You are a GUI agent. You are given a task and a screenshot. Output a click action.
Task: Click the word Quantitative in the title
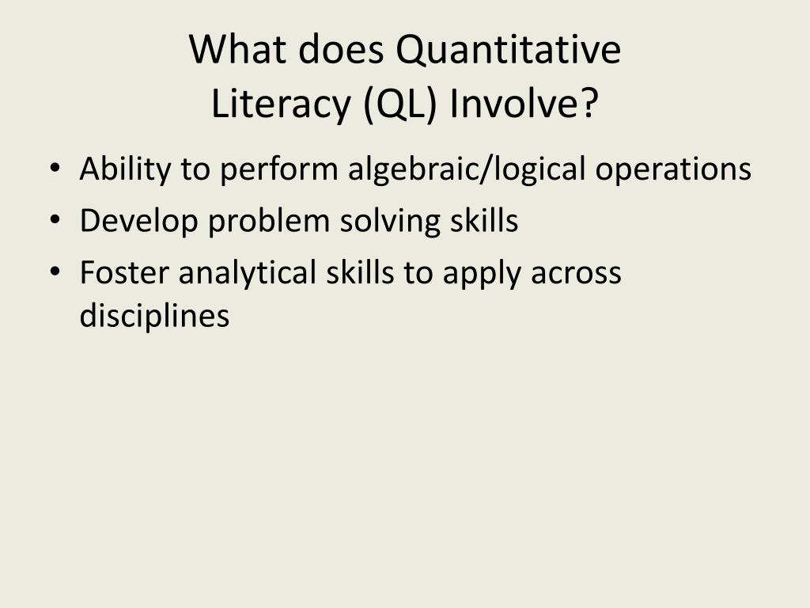pyautogui.click(x=509, y=51)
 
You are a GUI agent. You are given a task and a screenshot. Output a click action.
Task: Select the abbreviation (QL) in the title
pyautogui.click(x=399, y=104)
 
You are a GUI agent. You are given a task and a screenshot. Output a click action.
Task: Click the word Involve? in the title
pyautogui.click(x=524, y=104)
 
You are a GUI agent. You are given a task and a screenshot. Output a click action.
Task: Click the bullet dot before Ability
pyautogui.click(x=54, y=169)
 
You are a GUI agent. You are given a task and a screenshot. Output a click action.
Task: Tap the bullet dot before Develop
pyautogui.click(x=54, y=222)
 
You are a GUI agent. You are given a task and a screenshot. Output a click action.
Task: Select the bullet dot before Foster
pyautogui.click(x=54, y=273)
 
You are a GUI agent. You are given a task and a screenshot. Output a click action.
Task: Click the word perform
pyautogui.click(x=275, y=169)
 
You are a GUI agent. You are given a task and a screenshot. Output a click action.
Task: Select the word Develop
pyautogui.click(x=138, y=222)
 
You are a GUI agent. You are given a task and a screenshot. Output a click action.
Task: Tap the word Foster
pyautogui.click(x=124, y=273)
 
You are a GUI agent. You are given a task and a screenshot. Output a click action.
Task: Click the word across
pyautogui.click(x=576, y=273)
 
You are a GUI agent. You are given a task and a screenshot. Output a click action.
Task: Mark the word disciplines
pyautogui.click(x=154, y=316)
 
